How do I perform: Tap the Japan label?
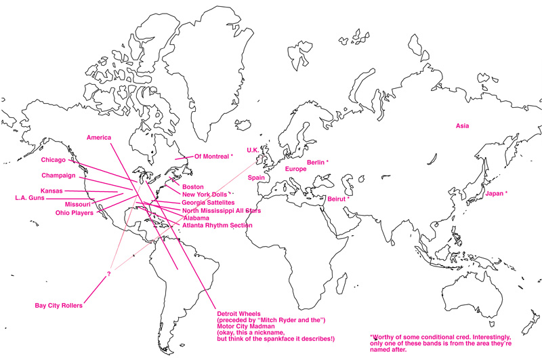pyautogui.click(x=496, y=193)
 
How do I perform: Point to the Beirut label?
pyautogui.click(x=337, y=199)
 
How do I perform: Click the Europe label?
pyautogui.click(x=295, y=169)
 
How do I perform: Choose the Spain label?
pyautogui.click(x=256, y=178)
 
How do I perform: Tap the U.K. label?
pyautogui.click(x=253, y=150)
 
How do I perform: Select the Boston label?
pyautogui.click(x=193, y=186)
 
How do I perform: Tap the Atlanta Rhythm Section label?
pyautogui.click(x=217, y=225)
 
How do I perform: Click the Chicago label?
pyautogui.click(x=53, y=160)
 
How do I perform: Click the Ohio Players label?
pyautogui.click(x=75, y=212)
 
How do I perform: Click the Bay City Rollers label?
pyautogui.click(x=58, y=306)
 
